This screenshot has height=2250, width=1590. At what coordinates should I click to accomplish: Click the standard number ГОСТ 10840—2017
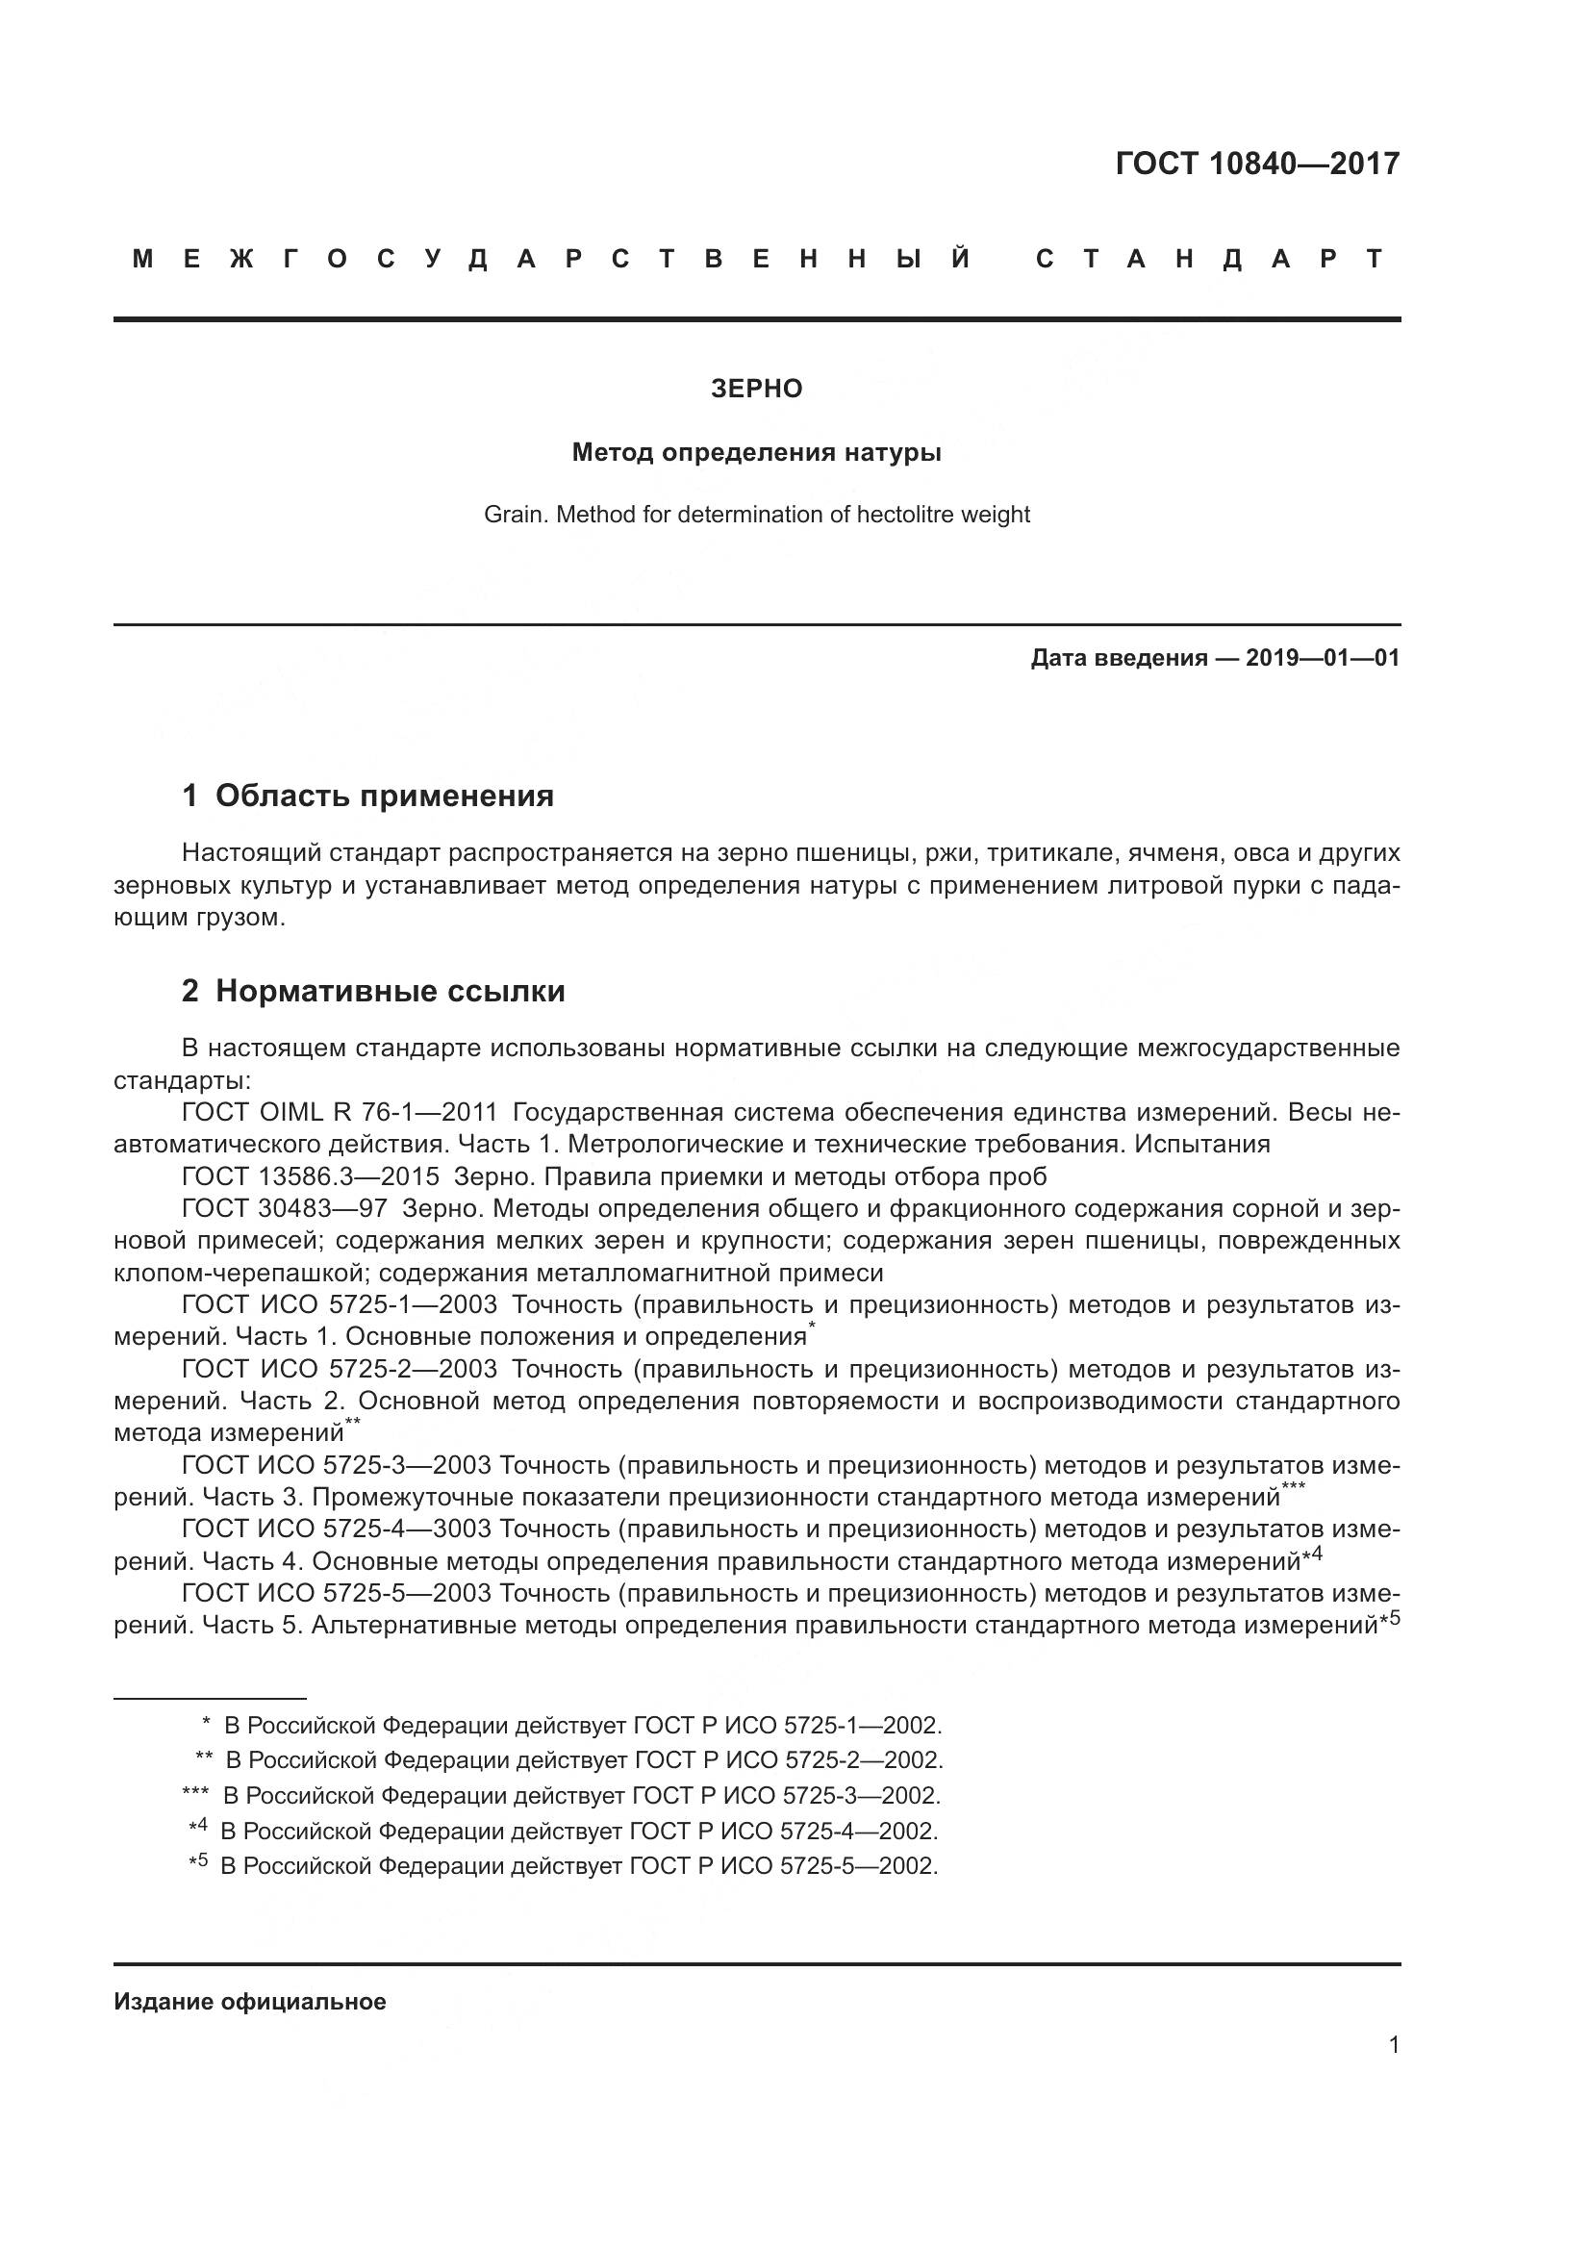(1257, 164)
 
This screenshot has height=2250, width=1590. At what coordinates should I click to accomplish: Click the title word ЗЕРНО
(756, 389)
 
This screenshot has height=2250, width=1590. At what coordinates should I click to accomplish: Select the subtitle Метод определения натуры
(756, 453)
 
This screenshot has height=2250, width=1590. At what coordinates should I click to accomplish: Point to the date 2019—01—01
(1323, 658)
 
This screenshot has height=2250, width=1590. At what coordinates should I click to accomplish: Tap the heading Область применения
(384, 796)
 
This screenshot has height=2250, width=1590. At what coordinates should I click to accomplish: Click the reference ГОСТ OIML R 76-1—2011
(340, 1112)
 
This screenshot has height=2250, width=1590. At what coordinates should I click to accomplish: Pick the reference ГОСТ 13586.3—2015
(311, 1176)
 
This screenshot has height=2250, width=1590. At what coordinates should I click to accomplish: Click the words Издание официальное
(250, 2001)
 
